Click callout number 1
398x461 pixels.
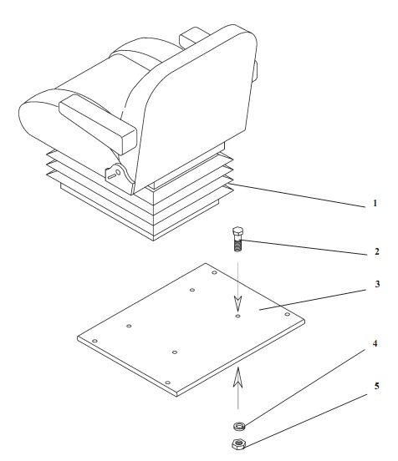[x=375, y=203]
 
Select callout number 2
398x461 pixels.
[x=377, y=251]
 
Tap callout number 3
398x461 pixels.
[x=377, y=284]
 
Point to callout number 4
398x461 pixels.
[x=375, y=343]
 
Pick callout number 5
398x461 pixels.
[x=377, y=386]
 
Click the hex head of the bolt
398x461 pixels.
[x=237, y=232]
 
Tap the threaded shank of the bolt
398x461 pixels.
[x=237, y=245]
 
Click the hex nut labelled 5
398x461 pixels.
[x=239, y=444]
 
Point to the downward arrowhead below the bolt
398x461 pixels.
[x=237, y=303]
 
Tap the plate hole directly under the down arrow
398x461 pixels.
[x=237, y=317]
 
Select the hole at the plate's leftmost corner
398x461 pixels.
[x=94, y=341]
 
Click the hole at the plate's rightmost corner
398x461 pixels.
[x=288, y=315]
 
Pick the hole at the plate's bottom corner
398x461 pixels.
[x=167, y=382]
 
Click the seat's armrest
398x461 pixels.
[x=98, y=124]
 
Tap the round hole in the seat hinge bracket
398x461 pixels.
[x=118, y=172]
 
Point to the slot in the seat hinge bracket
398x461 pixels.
[x=111, y=177]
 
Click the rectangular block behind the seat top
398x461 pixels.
[x=193, y=37]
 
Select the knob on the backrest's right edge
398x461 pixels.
[x=255, y=70]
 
